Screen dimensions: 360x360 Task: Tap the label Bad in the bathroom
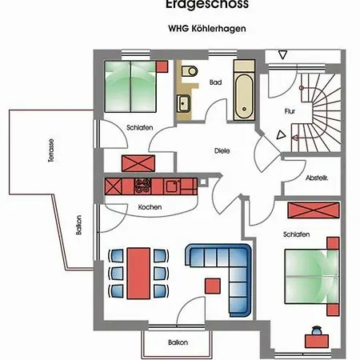(214, 82)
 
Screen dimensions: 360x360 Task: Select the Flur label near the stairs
(290, 112)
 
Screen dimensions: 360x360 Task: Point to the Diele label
(222, 150)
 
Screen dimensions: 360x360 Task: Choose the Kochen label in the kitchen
(150, 207)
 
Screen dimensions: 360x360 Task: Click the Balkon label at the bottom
(178, 342)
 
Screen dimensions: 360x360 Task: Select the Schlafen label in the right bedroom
(296, 234)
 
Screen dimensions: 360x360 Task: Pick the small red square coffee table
(212, 284)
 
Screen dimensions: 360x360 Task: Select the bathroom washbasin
(184, 102)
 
